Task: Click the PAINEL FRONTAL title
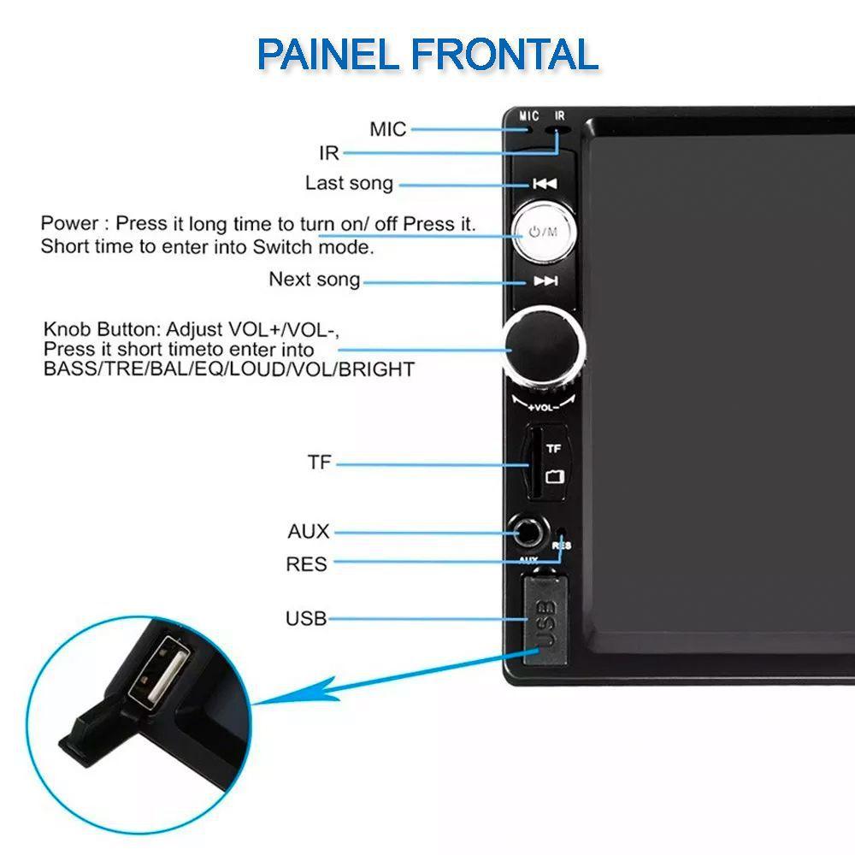(427, 55)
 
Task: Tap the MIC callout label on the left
(387, 129)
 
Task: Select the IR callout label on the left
(329, 153)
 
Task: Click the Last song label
(349, 183)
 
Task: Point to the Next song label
(315, 280)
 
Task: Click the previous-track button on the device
(544, 184)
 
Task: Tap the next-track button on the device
(545, 281)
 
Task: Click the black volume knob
(544, 346)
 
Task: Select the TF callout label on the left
(319, 463)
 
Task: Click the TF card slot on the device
(532, 463)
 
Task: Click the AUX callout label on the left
(308, 531)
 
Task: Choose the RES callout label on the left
(306, 564)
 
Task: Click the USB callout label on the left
(306, 618)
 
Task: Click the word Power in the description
(69, 224)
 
